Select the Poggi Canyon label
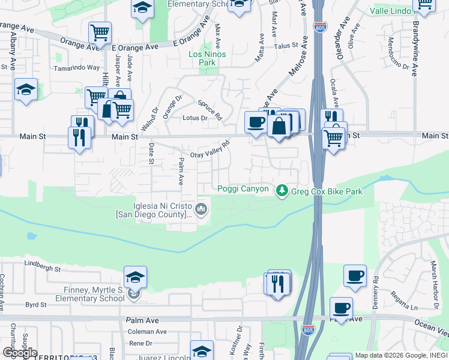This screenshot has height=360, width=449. [x=243, y=189]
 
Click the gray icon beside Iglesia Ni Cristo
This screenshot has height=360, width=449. [x=201, y=209]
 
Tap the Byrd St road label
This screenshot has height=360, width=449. [x=36, y=305]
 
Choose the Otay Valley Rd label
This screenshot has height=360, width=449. [x=210, y=149]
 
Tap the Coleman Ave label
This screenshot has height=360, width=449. [x=147, y=331]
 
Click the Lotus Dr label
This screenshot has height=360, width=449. [x=195, y=118]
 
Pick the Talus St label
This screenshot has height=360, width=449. [x=286, y=46]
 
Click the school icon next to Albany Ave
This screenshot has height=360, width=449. [x=26, y=90]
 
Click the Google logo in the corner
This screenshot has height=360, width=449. [x=19, y=353]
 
